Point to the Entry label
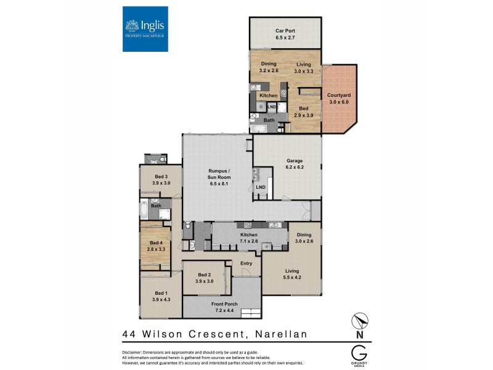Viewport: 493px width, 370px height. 246,263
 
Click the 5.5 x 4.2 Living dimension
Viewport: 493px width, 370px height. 291,277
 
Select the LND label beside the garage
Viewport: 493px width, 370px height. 261,186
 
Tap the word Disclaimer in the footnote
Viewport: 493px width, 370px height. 136,351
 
